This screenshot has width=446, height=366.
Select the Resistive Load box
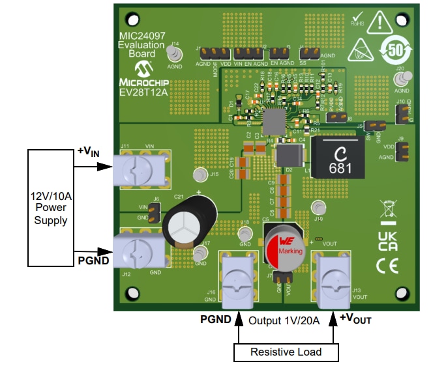[x=286, y=352]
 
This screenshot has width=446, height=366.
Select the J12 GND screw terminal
[x=138, y=251]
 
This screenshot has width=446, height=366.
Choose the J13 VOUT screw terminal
[x=333, y=282]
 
